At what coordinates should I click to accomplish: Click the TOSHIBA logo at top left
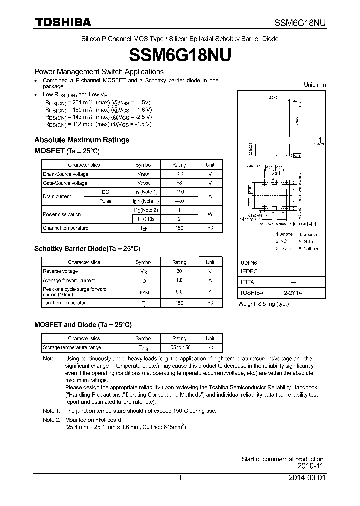coord(62,22)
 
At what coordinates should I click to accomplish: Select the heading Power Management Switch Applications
coord(99,72)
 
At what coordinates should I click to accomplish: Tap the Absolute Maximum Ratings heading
coord(82,140)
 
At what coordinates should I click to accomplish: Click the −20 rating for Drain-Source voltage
coord(179,174)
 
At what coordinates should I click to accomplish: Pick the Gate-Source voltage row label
coord(65,183)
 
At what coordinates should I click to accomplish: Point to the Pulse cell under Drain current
coord(105,201)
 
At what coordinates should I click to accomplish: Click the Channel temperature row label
coord(65,228)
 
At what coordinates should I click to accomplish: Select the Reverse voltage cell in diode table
coord(60,271)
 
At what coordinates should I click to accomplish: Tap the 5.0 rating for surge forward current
coord(179,291)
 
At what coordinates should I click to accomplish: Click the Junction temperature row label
coord(65,303)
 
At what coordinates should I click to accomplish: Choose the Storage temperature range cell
coord(72,347)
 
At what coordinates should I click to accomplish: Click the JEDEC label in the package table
coord(248,272)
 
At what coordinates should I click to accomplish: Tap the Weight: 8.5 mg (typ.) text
coord(263,304)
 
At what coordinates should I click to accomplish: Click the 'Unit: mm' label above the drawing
coord(315,85)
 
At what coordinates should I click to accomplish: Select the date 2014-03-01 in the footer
coord(306,478)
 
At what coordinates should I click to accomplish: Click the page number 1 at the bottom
coord(180,478)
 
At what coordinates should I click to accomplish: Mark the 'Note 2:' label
coord(51,420)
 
